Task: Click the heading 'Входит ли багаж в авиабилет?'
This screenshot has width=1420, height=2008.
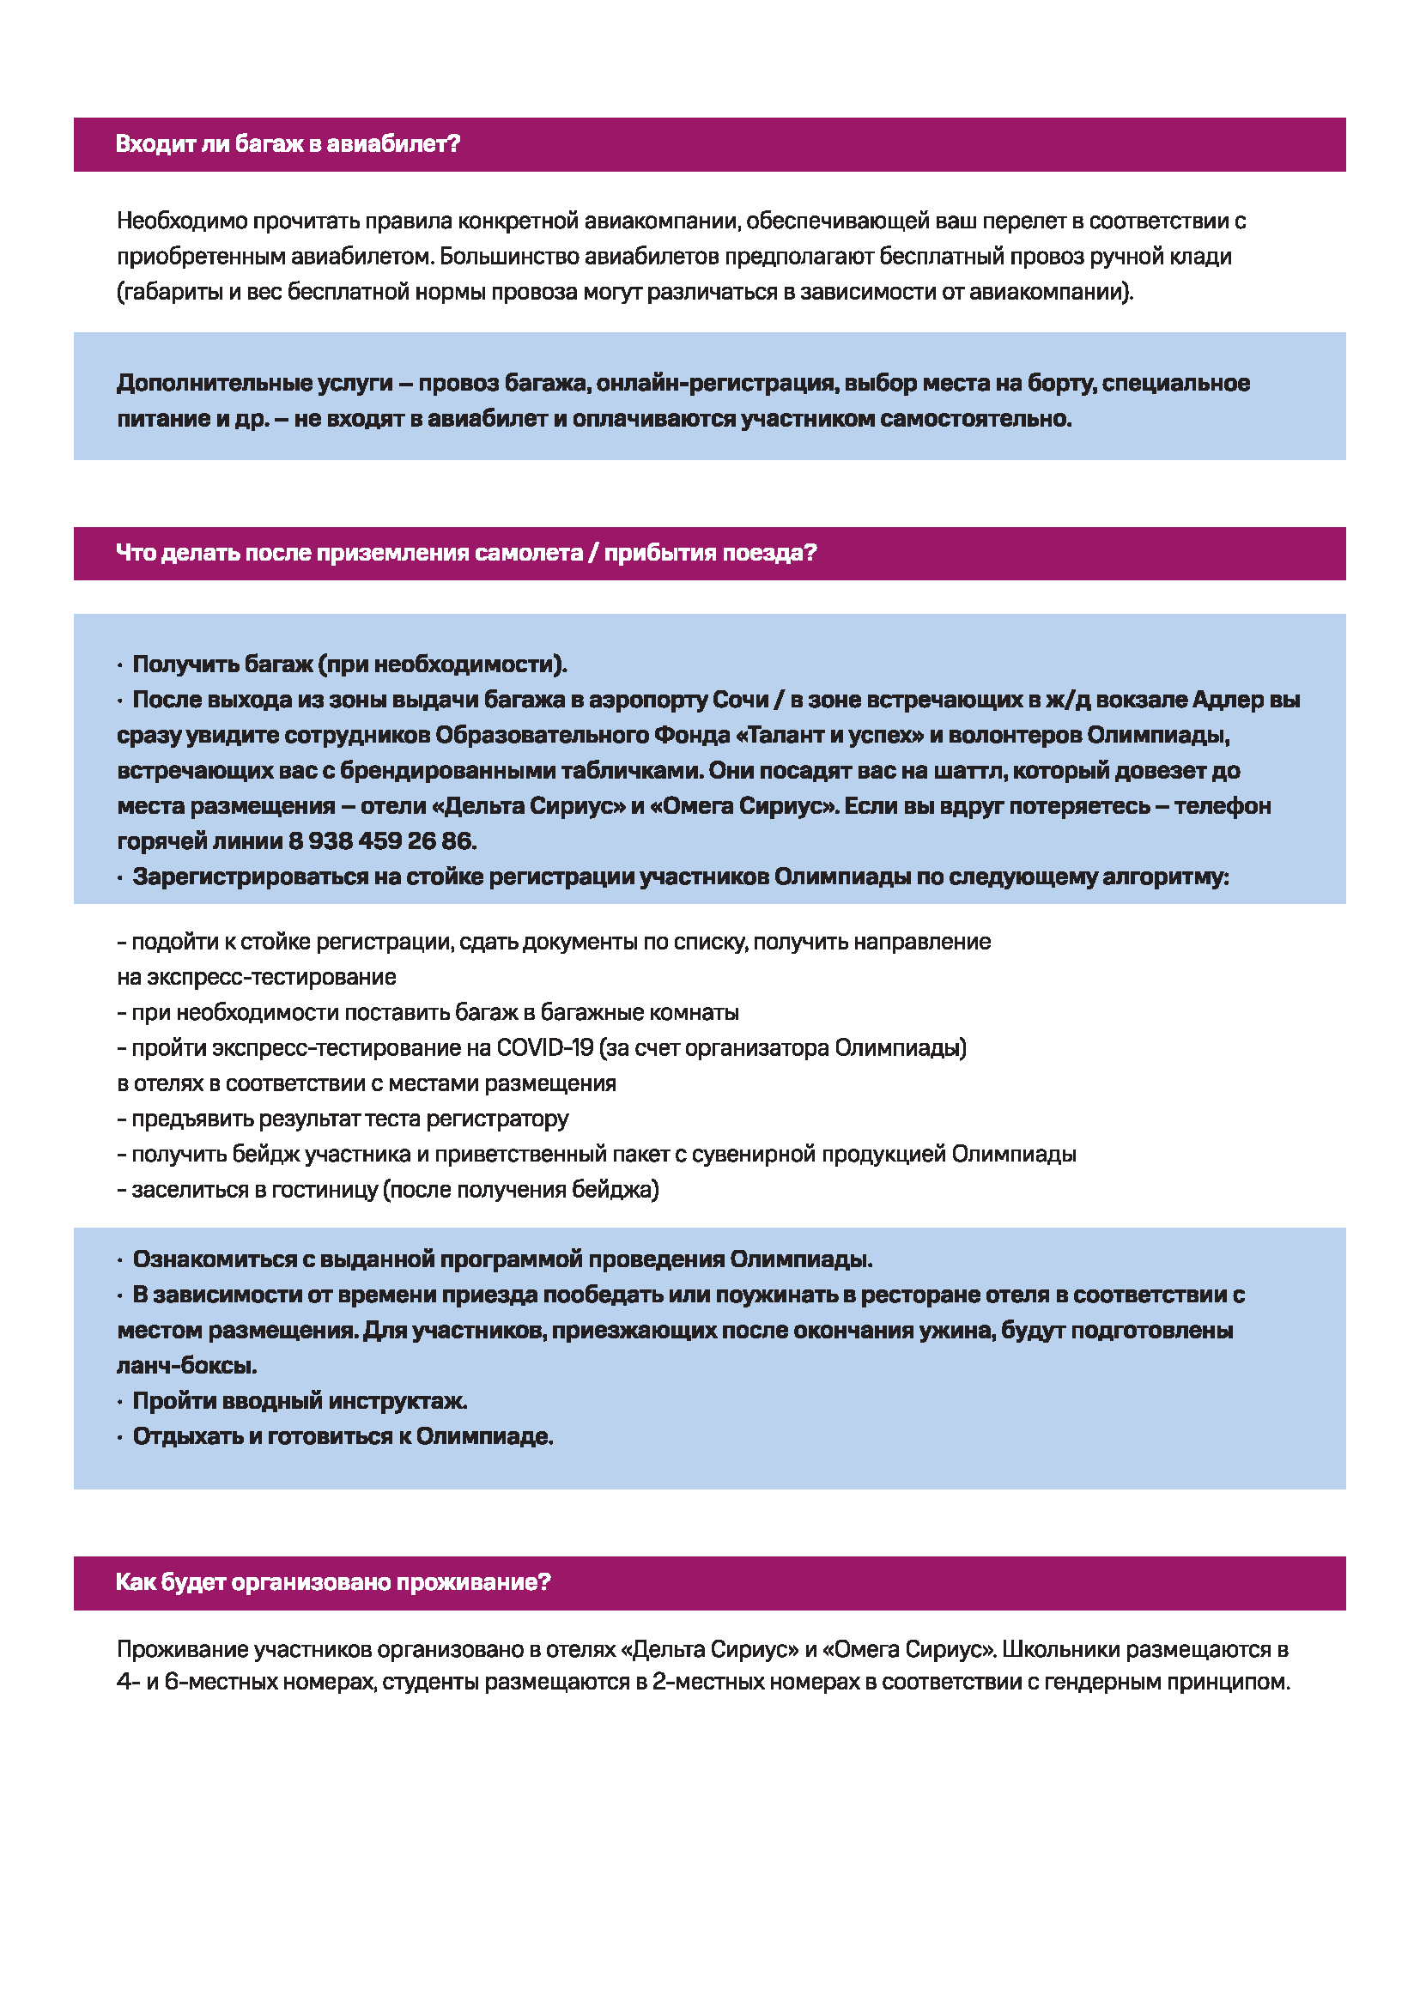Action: pos(288,144)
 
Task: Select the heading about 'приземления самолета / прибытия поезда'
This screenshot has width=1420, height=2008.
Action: pos(466,554)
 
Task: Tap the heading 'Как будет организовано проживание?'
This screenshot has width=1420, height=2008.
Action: pos(333,1582)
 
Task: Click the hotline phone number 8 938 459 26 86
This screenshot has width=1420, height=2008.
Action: pos(381,841)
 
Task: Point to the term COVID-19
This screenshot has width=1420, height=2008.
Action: pos(545,1047)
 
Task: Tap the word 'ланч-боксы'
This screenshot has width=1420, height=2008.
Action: pos(186,1365)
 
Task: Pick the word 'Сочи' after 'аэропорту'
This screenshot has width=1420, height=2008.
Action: pos(741,700)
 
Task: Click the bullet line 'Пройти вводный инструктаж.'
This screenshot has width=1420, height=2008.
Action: pos(299,1401)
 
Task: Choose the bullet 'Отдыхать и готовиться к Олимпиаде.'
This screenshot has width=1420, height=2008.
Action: pos(343,1436)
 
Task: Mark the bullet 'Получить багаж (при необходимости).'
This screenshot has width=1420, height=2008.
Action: pos(349,664)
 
